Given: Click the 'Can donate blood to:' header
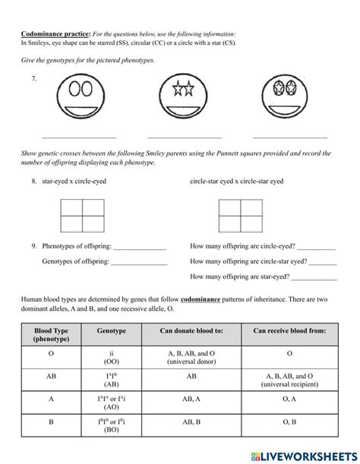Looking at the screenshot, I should point(191,332).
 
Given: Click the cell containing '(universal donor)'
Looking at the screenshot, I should point(191,358).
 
